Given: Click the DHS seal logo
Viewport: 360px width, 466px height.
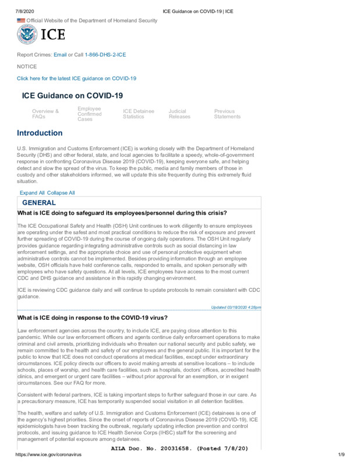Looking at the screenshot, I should click(x=27, y=35).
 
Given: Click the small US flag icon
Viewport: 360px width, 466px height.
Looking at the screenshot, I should click(x=21, y=21).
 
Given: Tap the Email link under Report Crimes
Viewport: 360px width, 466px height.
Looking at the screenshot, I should click(x=60, y=54).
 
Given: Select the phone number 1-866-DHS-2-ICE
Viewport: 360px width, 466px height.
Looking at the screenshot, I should click(x=105, y=54).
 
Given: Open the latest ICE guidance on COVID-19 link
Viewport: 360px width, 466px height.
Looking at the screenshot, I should click(x=76, y=78).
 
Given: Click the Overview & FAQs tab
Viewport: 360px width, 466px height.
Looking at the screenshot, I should click(x=45, y=114).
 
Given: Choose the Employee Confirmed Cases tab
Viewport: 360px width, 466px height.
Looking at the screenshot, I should click(x=89, y=114).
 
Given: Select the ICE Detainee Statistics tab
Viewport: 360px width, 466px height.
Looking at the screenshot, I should click(x=138, y=114).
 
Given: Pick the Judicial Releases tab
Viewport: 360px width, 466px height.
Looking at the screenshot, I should click(x=179, y=114).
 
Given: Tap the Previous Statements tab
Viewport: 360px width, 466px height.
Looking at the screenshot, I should click(x=227, y=114).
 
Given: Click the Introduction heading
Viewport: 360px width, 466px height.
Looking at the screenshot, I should click(x=40, y=133).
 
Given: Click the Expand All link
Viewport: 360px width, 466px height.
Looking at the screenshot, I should click(x=32, y=193).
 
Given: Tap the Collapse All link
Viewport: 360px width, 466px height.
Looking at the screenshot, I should click(x=61, y=193).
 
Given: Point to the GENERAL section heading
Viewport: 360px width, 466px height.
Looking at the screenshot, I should click(x=38, y=203).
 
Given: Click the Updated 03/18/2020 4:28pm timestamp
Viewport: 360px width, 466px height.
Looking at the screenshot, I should click(x=235, y=308).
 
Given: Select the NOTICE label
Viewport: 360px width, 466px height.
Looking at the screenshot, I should click(x=26, y=66).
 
